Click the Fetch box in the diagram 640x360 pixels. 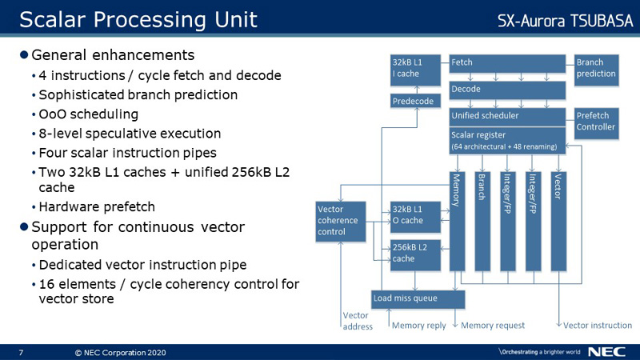(x=507, y=64)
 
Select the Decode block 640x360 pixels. (x=507, y=90)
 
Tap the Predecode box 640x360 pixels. (x=415, y=101)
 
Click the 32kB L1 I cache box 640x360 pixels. (x=415, y=70)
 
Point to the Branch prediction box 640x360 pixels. (x=596, y=70)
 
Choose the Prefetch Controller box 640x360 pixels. (x=596, y=123)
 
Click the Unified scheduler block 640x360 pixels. (x=507, y=117)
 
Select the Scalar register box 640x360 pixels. (x=507, y=141)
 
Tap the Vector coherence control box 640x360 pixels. (x=341, y=222)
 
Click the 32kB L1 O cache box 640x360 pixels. (x=415, y=217)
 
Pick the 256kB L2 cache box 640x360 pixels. (x=415, y=255)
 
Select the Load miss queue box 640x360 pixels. (x=418, y=299)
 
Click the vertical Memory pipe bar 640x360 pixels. (x=457, y=222)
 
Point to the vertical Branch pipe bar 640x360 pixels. (x=482, y=222)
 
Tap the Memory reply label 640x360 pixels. (x=418, y=326)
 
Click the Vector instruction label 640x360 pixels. (x=598, y=326)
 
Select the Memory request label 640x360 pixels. (x=493, y=326)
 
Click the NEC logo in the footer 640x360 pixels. (x=606, y=352)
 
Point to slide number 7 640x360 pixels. (x=22, y=353)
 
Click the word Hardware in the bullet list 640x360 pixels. (x=68, y=207)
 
